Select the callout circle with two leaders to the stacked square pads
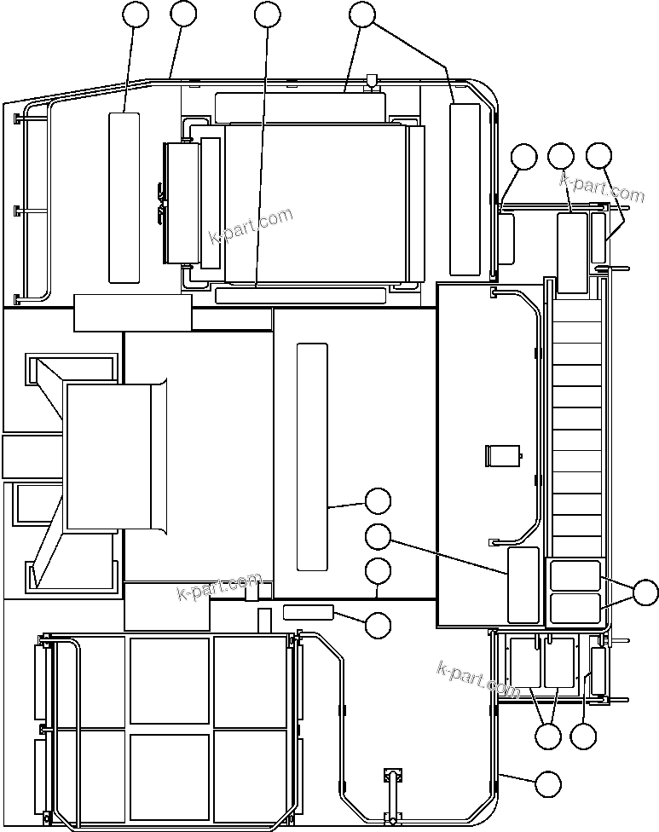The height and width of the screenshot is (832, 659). (646, 592)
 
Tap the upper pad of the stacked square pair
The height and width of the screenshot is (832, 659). (576, 575)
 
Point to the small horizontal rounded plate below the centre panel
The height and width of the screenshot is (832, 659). (308, 611)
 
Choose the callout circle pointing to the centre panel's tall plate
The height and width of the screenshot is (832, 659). (378, 501)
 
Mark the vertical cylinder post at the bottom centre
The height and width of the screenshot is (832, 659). (393, 793)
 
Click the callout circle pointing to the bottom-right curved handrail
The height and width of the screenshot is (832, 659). (547, 783)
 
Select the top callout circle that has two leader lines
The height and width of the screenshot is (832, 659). (362, 14)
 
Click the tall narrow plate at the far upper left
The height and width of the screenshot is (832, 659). (124, 196)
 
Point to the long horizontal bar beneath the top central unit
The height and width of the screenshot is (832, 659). (300, 296)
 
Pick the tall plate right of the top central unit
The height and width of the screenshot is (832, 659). (465, 189)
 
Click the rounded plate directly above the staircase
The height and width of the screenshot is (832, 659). (572, 253)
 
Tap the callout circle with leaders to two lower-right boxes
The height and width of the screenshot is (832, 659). (548, 735)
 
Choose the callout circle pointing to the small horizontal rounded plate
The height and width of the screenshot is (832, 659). (378, 624)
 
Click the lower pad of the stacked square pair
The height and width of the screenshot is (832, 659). (576, 608)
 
